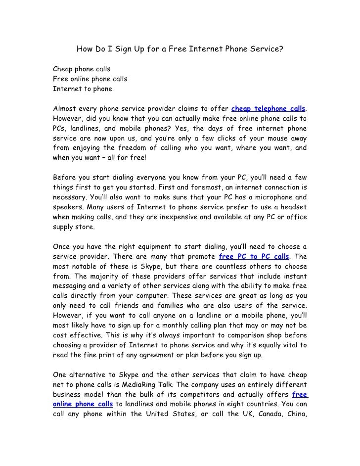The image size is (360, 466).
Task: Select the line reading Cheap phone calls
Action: [x=82, y=68]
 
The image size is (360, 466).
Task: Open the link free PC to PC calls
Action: [x=253, y=257]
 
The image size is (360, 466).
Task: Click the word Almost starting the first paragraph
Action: [x=66, y=108]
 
